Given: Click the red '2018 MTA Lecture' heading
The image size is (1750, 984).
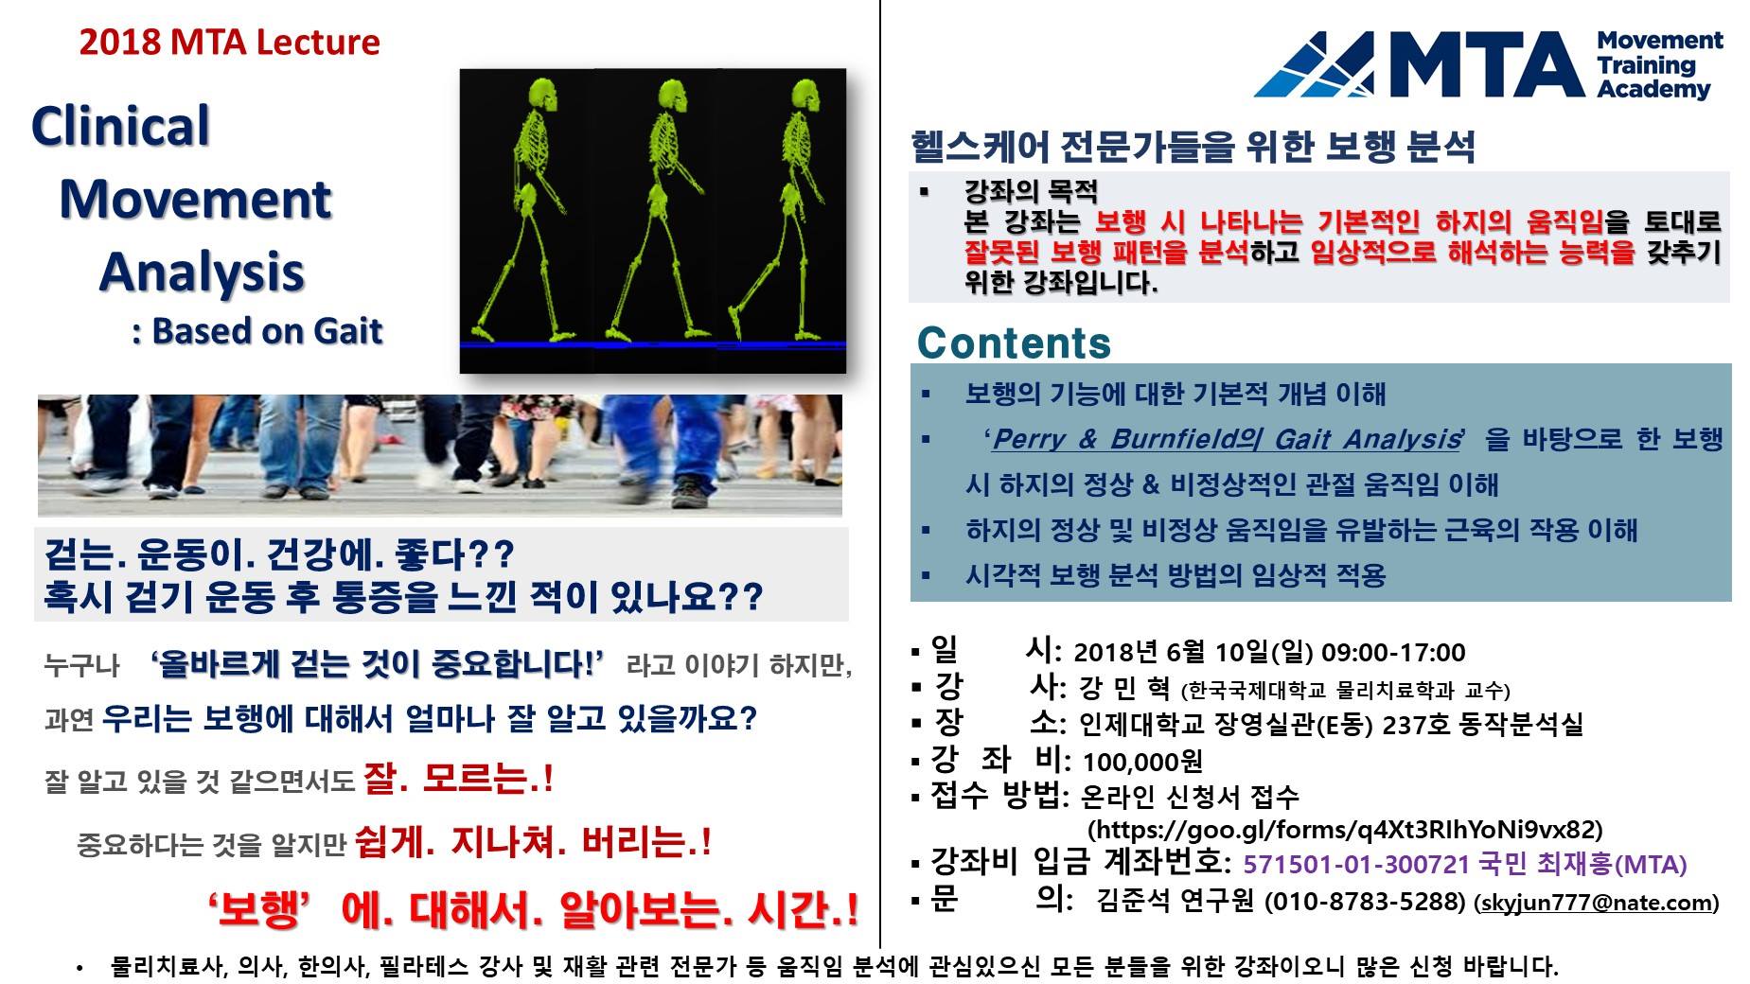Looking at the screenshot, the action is (x=229, y=43).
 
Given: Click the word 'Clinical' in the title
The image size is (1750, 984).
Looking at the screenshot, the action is (x=120, y=127).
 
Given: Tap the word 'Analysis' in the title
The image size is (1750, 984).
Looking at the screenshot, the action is (x=201, y=272).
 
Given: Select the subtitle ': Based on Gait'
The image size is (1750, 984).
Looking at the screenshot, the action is (x=257, y=331).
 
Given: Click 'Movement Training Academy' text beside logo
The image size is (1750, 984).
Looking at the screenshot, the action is (x=1659, y=65).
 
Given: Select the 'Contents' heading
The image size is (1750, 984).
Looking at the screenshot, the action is (x=1014, y=343).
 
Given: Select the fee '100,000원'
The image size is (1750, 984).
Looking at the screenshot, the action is (x=1142, y=762).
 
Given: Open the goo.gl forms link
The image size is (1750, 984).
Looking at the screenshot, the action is (x=1345, y=830).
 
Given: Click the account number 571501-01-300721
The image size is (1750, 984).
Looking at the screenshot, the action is (x=1356, y=864).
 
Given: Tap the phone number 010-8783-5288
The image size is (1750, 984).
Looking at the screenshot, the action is (x=1366, y=901).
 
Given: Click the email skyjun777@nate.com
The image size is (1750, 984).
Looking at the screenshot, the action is (x=1597, y=902).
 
